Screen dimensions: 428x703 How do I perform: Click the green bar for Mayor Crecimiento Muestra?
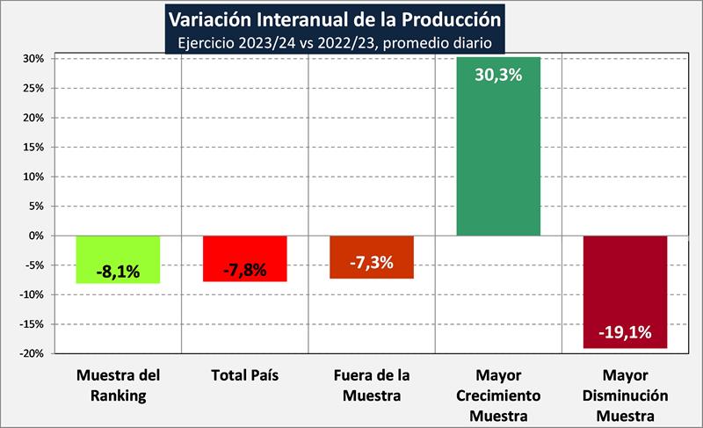coord(498,158)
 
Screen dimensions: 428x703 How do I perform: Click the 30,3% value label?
coord(498,75)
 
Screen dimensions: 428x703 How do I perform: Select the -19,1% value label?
coord(625,332)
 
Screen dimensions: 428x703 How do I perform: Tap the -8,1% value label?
coord(118,272)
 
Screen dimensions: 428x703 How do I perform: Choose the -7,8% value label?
coord(244,270)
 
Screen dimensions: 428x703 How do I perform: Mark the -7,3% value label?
coord(371,263)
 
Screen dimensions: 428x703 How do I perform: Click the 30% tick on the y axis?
coord(34,59)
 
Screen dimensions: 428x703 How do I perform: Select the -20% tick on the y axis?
coord(33,353)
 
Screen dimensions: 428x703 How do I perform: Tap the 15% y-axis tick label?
coord(34,147)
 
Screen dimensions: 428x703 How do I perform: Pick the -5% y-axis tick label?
coord(35,265)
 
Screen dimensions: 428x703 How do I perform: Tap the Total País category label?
coord(244,375)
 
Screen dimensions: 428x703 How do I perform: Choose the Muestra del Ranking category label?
coord(118,385)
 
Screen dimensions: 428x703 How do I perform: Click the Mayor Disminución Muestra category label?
coord(625,395)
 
